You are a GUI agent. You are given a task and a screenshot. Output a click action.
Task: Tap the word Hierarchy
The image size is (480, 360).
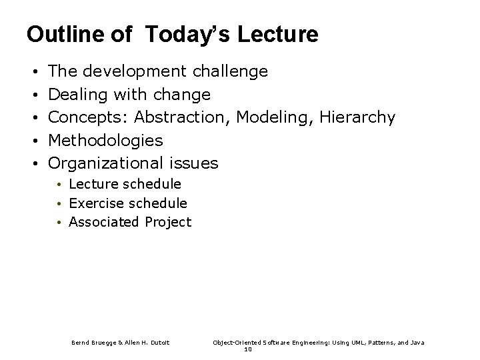point(358,117)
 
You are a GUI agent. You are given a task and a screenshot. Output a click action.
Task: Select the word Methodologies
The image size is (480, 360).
point(106,140)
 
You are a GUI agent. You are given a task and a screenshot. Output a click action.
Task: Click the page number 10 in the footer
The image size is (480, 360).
point(248,349)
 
